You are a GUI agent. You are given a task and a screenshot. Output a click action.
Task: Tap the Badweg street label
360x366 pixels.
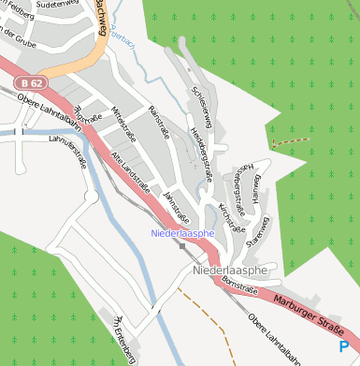(100, 20)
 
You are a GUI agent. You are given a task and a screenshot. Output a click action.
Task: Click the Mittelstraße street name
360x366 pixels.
(124, 123)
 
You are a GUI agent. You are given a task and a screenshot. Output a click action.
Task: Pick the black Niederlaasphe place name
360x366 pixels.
(229, 271)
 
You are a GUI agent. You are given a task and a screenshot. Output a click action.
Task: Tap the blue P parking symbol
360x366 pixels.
(344, 348)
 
